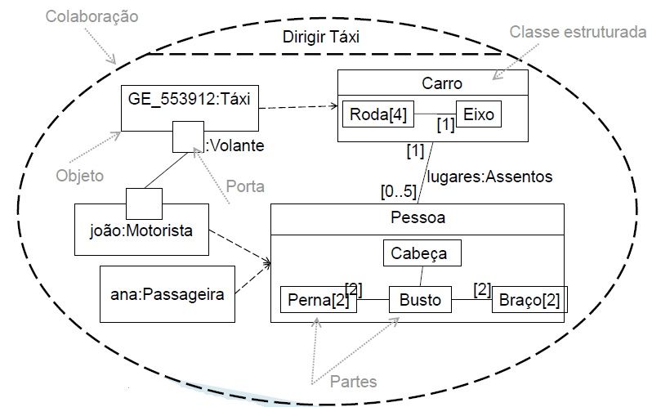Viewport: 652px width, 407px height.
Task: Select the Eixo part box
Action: click(478, 114)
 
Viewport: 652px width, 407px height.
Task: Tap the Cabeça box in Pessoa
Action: click(422, 253)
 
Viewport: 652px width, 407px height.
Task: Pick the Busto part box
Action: click(419, 300)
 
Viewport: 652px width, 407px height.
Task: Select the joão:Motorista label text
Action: click(141, 230)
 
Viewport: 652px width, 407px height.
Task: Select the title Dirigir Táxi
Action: click(320, 37)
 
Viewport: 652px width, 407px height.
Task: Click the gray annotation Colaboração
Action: click(92, 16)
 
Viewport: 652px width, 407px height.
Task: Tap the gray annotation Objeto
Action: click(80, 176)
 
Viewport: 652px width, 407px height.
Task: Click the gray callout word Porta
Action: click(246, 186)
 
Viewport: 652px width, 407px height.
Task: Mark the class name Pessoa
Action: click(418, 219)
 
